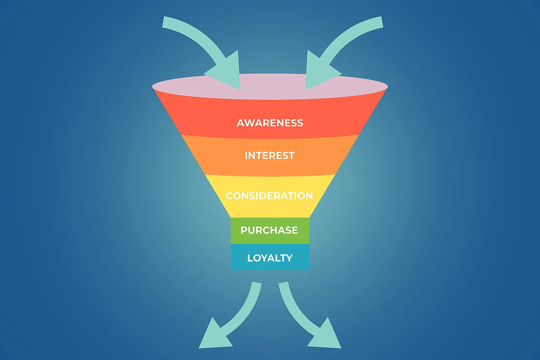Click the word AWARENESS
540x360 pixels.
[270, 123]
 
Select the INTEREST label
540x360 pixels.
[270, 156]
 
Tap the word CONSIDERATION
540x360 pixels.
[269, 196]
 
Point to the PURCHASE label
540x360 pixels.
[269, 230]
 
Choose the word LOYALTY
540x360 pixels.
[270, 258]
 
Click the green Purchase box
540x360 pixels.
[270, 231]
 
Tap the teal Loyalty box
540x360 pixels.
[270, 257]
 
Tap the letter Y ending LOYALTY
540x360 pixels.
[289, 258]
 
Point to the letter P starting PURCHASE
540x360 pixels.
[244, 230]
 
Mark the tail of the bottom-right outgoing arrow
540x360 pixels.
[283, 283]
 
